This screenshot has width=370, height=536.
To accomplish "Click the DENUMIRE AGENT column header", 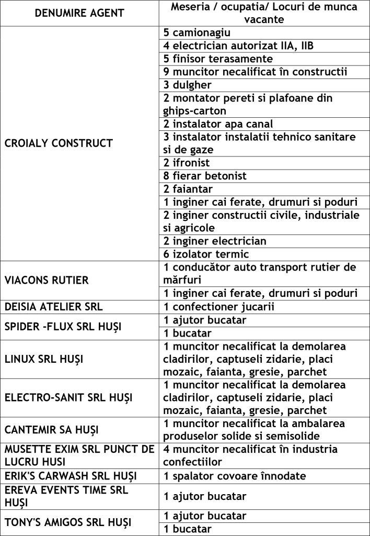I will (x=79, y=13).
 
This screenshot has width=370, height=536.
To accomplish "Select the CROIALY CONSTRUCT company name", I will (x=59, y=143).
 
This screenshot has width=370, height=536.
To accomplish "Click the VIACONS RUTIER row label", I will (x=47, y=280).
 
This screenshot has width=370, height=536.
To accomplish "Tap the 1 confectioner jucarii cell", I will (x=219, y=307).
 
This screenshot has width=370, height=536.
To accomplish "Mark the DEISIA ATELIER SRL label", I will (x=54, y=307).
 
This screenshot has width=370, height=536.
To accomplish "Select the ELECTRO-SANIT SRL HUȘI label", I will (x=68, y=397).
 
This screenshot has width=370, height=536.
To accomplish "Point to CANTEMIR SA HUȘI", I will (x=52, y=430).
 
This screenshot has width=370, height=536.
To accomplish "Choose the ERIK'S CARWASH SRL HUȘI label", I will (x=71, y=476).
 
